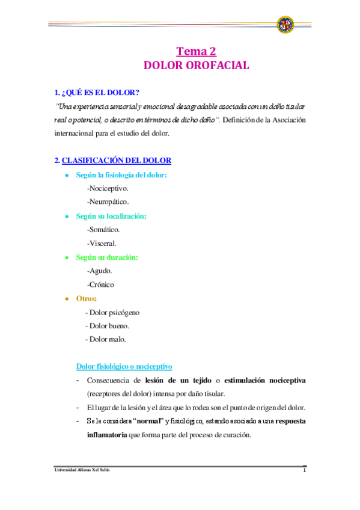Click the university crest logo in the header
point(285,25)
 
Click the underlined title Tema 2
point(196,52)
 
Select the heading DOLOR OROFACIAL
point(196,66)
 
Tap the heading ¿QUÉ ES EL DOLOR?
point(97,93)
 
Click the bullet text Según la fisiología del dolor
point(121,175)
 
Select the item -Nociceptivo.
point(108,188)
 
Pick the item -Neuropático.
point(108,202)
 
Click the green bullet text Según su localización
point(111,216)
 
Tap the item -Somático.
point(103,230)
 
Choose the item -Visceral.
point(102,244)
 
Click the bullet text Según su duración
point(107,257)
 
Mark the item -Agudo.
point(99,271)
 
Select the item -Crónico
point(100,284)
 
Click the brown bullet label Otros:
point(87,298)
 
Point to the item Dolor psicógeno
point(114,312)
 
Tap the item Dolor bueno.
point(109,326)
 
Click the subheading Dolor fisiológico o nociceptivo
point(124,366)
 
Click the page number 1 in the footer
point(305,470)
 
